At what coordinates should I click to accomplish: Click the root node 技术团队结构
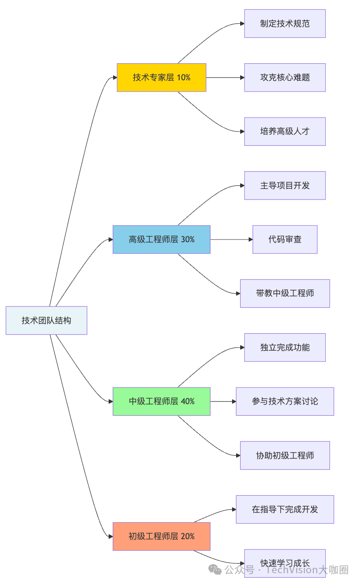46,320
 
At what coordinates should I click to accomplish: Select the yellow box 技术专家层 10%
162,78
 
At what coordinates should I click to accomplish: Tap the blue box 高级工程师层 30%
162,240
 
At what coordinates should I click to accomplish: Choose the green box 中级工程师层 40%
162,401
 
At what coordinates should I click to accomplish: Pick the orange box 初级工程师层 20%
162,536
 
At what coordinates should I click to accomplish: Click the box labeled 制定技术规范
285,24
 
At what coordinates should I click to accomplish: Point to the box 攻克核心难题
285,78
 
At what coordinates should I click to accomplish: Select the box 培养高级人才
285,131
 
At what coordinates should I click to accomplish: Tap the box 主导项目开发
285,185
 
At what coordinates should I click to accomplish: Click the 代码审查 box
285,240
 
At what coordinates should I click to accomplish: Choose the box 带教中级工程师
285,293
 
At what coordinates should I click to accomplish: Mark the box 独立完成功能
285,347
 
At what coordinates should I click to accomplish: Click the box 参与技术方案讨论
285,401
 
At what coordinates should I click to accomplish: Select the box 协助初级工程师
285,455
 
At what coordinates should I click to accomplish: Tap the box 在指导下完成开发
285,509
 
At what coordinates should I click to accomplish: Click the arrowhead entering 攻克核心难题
242,78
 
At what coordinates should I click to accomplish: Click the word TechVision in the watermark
292,570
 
